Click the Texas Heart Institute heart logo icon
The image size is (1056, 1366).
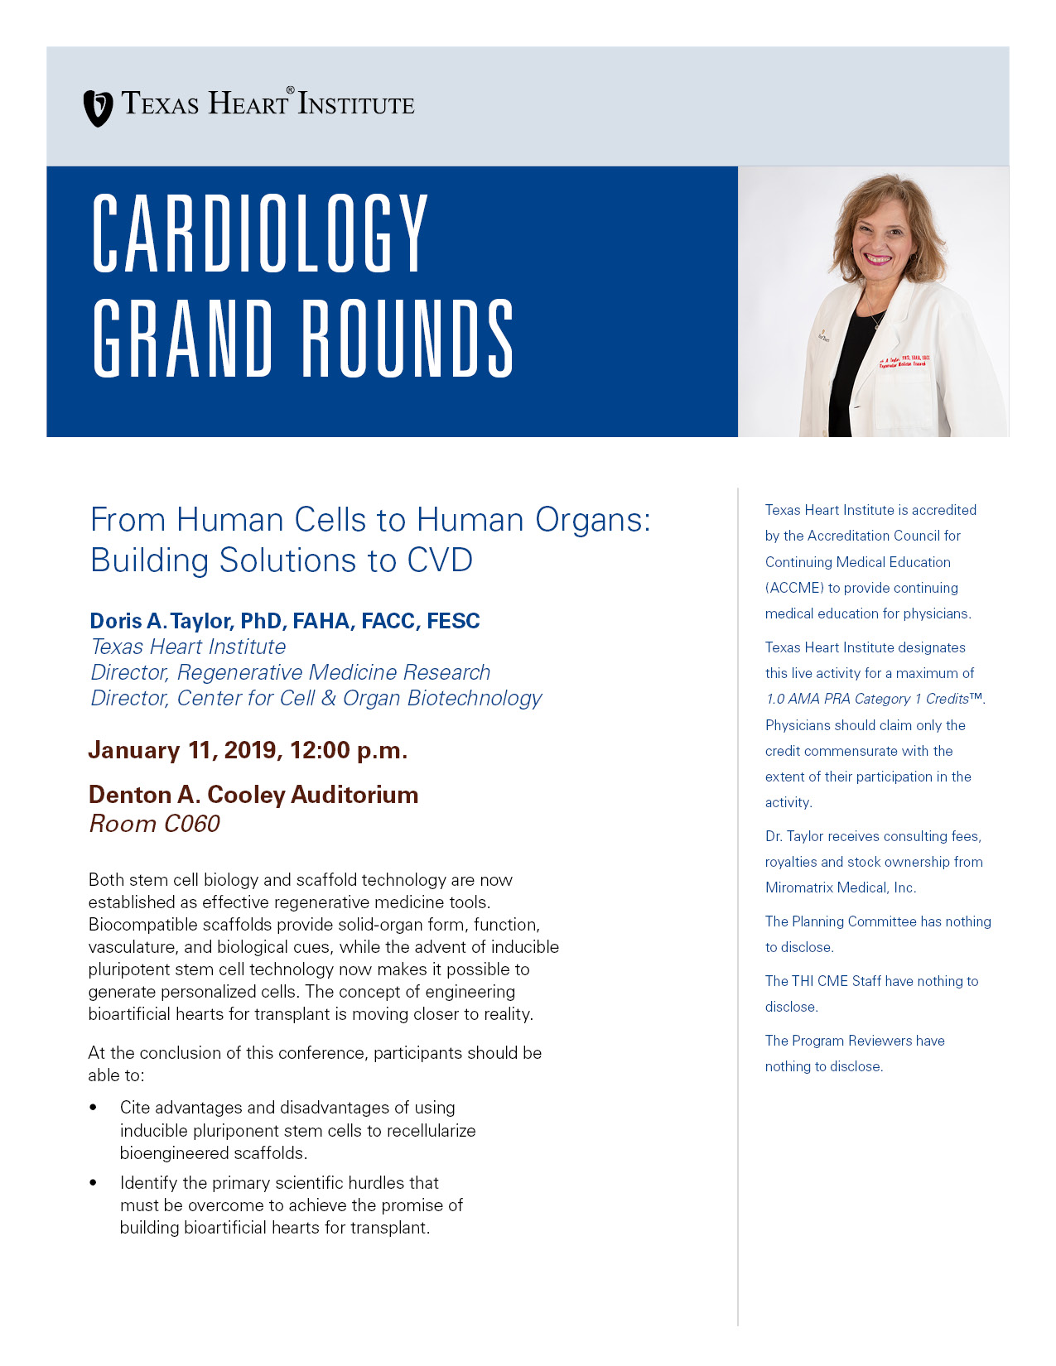point(98,108)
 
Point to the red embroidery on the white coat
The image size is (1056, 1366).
point(904,362)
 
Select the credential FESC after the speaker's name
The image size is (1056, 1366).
point(453,621)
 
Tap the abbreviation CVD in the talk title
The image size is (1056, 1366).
point(439,560)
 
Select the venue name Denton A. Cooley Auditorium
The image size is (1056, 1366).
point(253,795)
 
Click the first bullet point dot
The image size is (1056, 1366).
point(93,1108)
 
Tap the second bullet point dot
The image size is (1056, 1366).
point(93,1183)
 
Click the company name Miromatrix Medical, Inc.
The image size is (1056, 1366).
point(841,887)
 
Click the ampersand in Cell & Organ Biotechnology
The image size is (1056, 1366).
point(329,698)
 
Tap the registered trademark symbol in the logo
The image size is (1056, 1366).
point(290,89)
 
